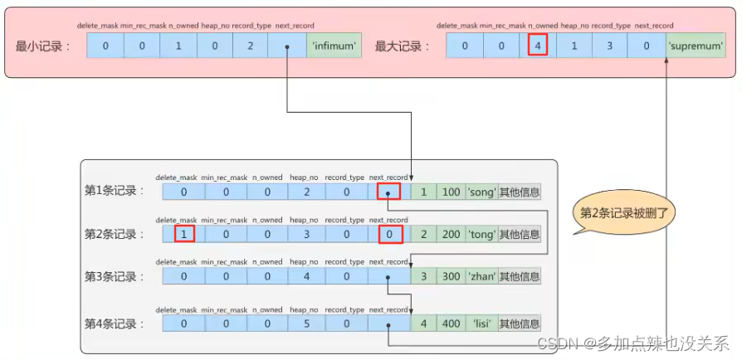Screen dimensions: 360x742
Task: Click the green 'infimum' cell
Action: pyautogui.click(x=335, y=46)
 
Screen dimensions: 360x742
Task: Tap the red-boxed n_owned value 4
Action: pyautogui.click(x=538, y=46)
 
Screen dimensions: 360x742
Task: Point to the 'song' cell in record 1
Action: pyautogui.click(x=481, y=192)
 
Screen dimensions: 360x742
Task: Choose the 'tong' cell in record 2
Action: pyautogui.click(x=481, y=235)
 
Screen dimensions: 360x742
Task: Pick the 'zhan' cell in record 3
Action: pyautogui.click(x=481, y=276)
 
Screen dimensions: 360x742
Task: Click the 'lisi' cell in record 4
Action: pyautogui.click(x=481, y=323)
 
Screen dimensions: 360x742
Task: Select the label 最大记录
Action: pyautogui.click(x=402, y=46)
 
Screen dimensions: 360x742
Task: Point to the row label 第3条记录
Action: pyautogui.click(x=115, y=276)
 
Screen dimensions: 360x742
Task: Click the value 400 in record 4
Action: pyautogui.click(x=451, y=323)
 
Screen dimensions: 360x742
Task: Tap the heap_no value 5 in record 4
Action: pyautogui.click(x=307, y=323)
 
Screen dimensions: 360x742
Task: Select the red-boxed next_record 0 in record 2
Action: pyautogui.click(x=388, y=235)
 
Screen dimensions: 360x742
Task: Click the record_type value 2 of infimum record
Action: pyautogui.click(x=249, y=46)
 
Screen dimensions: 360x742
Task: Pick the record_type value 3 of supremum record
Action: pyautogui.click(x=609, y=46)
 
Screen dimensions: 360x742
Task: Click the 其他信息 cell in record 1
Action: pyautogui.click(x=520, y=192)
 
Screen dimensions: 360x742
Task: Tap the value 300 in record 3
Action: pyautogui.click(x=451, y=276)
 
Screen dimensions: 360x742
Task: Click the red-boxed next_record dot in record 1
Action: pyautogui.click(x=388, y=192)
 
